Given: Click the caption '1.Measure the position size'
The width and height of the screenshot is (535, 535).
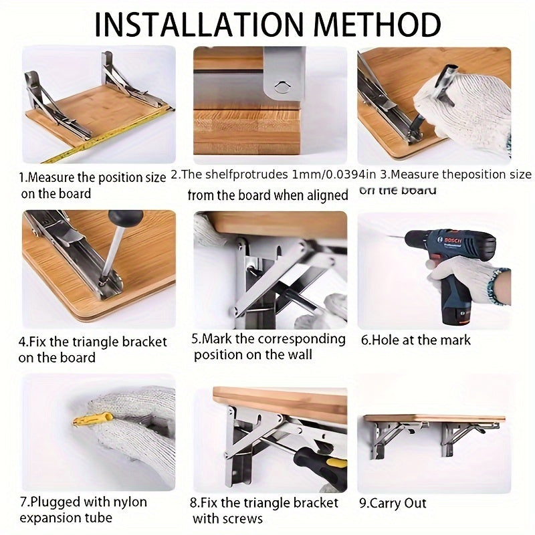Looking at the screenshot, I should (92, 178).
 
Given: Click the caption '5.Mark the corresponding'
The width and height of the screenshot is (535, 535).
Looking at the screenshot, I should (269, 338).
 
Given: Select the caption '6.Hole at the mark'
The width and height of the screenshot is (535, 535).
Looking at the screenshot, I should (416, 340).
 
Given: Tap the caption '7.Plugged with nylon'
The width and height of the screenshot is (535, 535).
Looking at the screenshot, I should (83, 502).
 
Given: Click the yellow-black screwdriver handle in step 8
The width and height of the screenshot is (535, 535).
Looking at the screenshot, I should (313, 462).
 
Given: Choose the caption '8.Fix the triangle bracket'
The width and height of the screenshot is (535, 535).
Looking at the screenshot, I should (265, 503).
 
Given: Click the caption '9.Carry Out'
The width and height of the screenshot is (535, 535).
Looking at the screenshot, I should (393, 503).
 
